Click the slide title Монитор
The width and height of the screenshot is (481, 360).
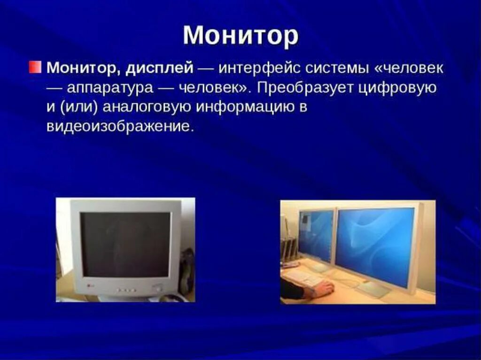tap(240, 36)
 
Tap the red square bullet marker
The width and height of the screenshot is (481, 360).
tap(35, 67)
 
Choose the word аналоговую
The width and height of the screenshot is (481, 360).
tap(147, 108)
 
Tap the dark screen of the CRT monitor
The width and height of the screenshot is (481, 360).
tap(126, 245)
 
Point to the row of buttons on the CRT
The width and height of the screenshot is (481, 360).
tap(126, 290)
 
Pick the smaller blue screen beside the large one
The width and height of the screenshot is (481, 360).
tap(316, 236)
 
